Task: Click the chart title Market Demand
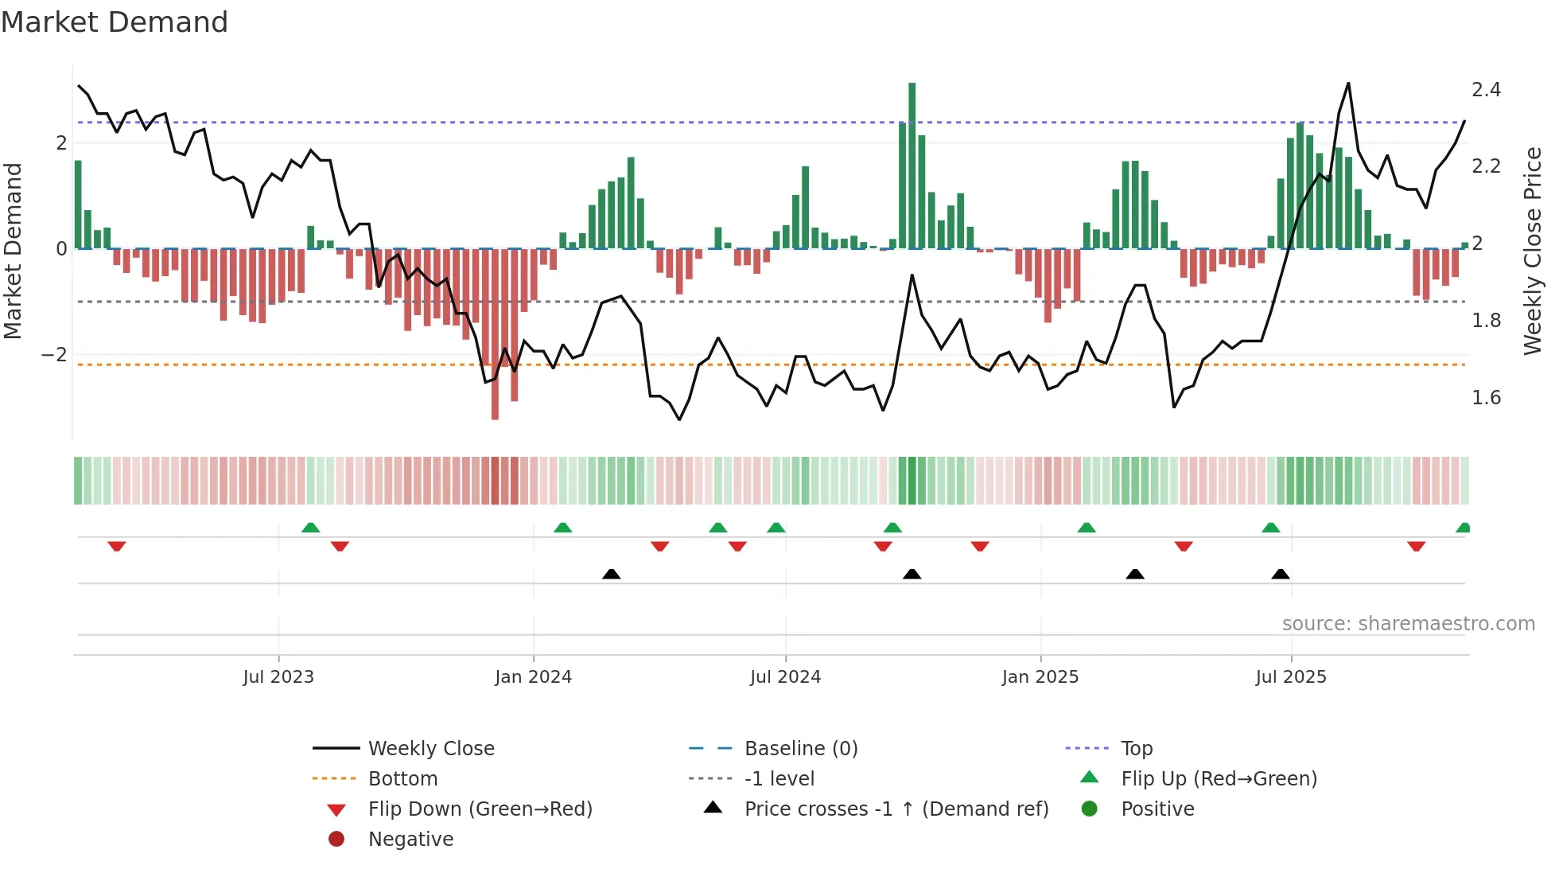pyautogui.click(x=115, y=22)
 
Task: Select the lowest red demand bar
pyautogui.click(x=495, y=334)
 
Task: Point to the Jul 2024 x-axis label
pyautogui.click(x=785, y=677)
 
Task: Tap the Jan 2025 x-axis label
pyautogui.click(x=1040, y=677)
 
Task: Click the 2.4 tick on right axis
pyautogui.click(x=1486, y=90)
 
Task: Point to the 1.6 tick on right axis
pyautogui.click(x=1486, y=398)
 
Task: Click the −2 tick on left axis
pyautogui.click(x=54, y=355)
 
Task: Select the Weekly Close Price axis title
pyautogui.click(x=1533, y=251)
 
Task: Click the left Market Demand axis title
pyautogui.click(x=13, y=251)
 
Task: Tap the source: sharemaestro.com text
pyautogui.click(x=1408, y=624)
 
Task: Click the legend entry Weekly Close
pyautogui.click(x=430, y=749)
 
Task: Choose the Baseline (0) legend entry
pyautogui.click(x=800, y=749)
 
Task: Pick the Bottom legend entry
pyautogui.click(x=402, y=779)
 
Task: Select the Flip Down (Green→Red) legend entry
pyautogui.click(x=480, y=809)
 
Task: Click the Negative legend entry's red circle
pyautogui.click(x=336, y=840)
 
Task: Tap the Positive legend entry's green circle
pyautogui.click(x=1090, y=809)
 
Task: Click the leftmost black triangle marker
pyautogui.click(x=611, y=574)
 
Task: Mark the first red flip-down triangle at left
pyautogui.click(x=117, y=546)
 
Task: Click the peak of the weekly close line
pyautogui.click(x=1348, y=84)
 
